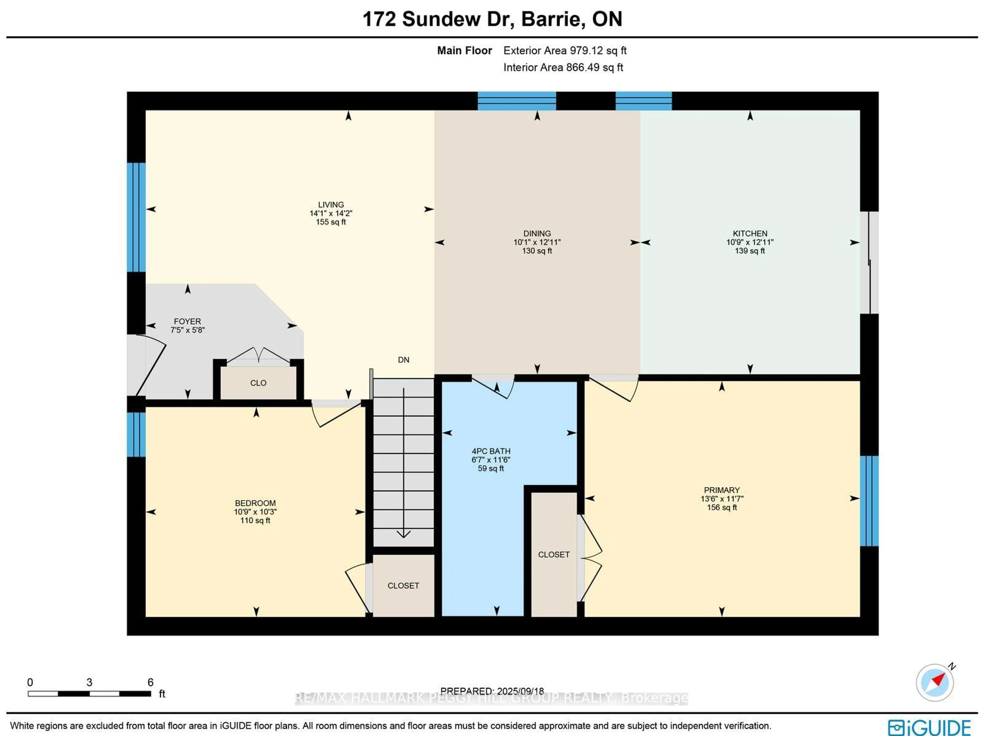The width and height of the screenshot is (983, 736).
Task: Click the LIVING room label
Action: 331,205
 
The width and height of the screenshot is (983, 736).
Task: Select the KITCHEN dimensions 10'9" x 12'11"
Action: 750,242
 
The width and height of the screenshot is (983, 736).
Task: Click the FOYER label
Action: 187,321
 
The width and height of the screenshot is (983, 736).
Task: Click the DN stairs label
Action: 403,360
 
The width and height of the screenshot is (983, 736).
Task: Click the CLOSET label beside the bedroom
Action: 403,586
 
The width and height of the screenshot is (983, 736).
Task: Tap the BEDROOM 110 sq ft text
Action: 255,520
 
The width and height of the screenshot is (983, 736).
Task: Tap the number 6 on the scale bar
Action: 150,682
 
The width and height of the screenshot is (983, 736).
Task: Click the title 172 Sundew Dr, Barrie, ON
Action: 492,19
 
